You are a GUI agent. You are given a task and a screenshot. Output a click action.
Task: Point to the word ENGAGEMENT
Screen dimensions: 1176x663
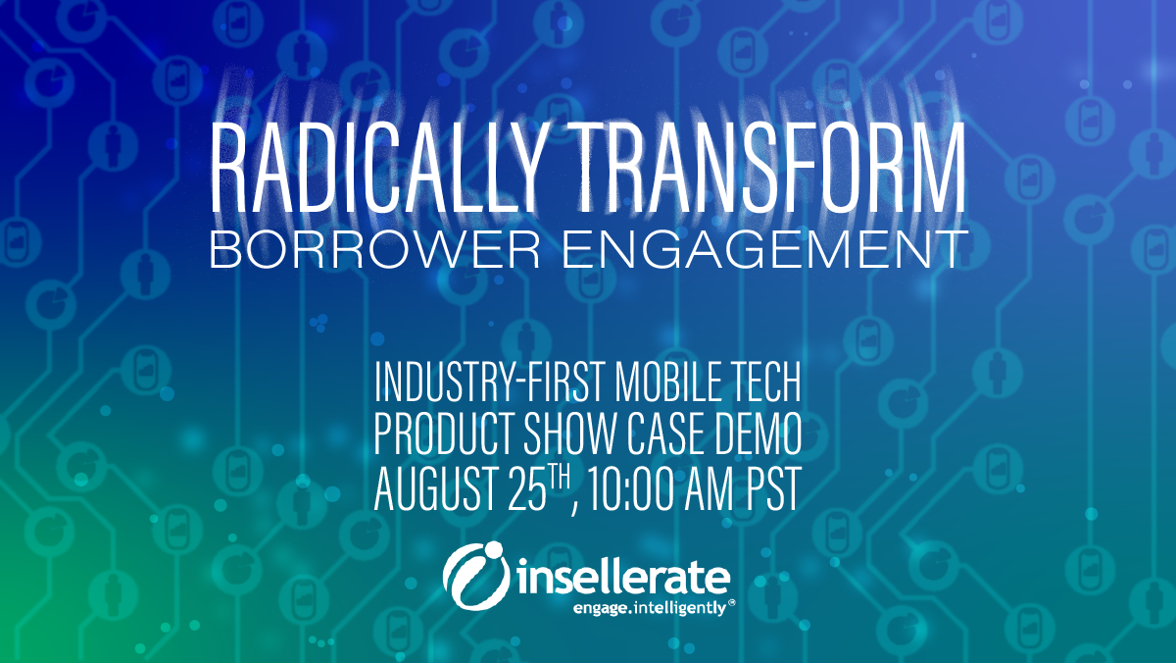763,249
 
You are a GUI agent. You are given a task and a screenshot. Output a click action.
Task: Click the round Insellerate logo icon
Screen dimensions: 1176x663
476,576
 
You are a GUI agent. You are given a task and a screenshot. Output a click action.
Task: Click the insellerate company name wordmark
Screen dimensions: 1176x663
623,579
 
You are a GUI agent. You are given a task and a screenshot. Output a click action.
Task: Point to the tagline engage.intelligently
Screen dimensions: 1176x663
650,608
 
